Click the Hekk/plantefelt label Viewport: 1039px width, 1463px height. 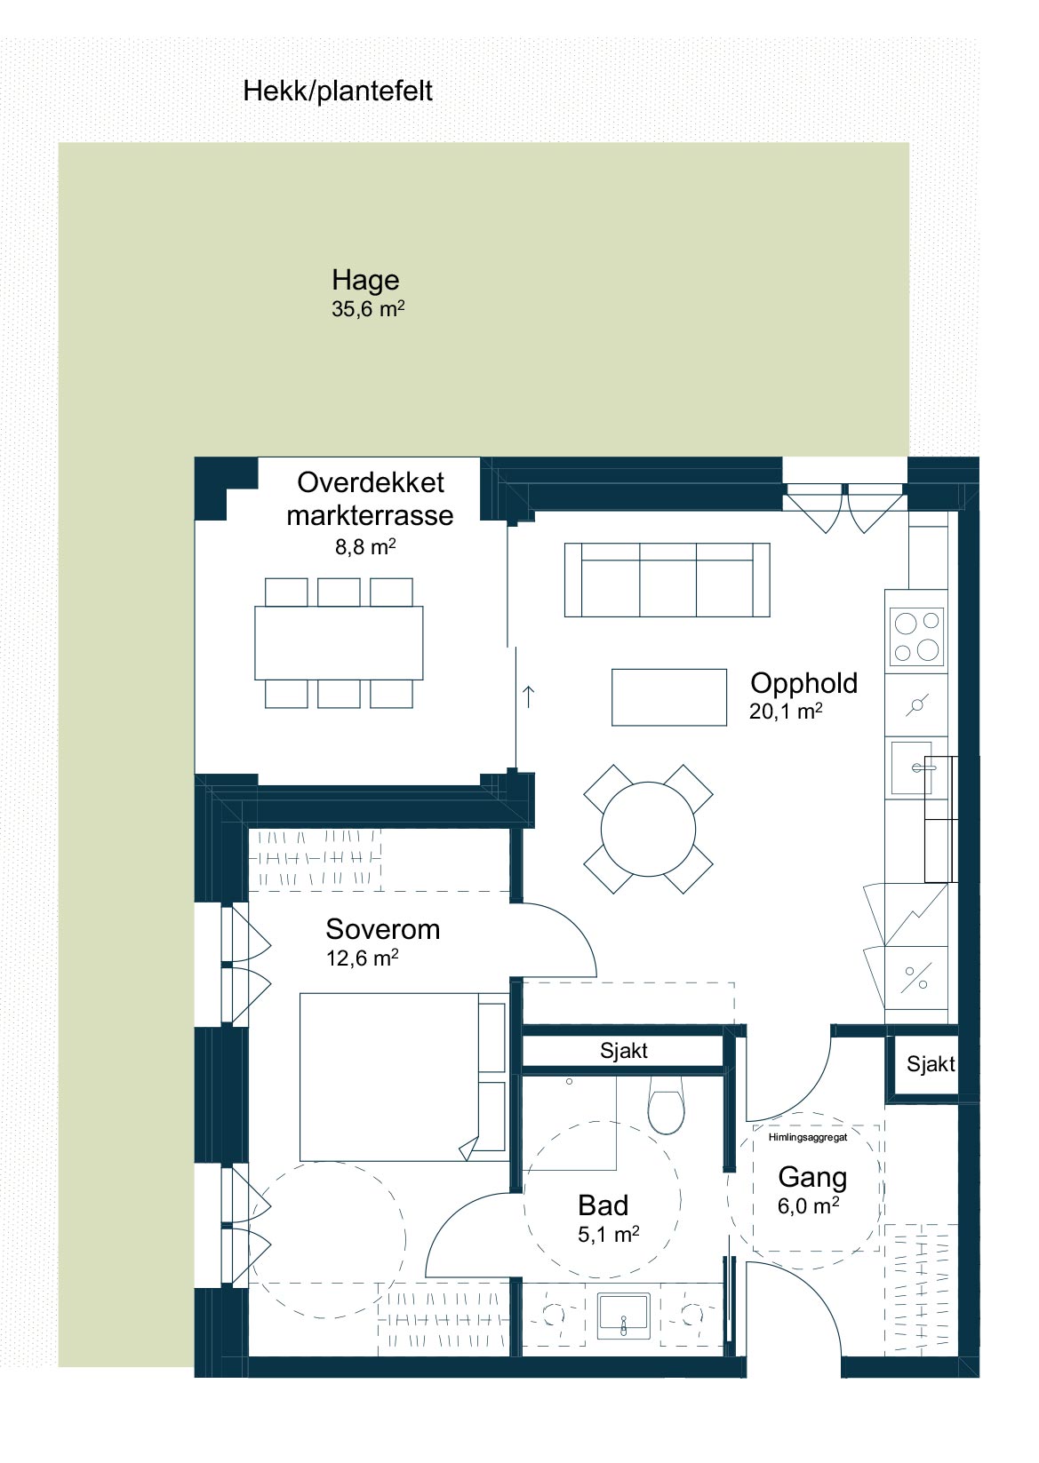tap(337, 91)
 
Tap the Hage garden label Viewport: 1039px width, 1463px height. tap(365, 280)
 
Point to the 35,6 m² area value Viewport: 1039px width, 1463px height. tap(368, 309)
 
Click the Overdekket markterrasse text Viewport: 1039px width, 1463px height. tap(370, 499)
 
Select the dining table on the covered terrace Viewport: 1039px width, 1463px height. tap(339, 643)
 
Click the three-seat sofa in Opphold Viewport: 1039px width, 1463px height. tap(667, 580)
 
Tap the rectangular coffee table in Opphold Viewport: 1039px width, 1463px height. tap(669, 697)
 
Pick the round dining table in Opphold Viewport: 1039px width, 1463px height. tap(648, 829)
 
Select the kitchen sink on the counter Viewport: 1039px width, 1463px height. tap(912, 768)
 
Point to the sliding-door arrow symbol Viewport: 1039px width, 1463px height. tap(529, 697)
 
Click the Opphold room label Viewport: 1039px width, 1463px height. tap(803, 683)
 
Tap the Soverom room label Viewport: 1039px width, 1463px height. tap(383, 929)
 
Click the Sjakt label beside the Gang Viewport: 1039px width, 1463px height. tap(931, 1064)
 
